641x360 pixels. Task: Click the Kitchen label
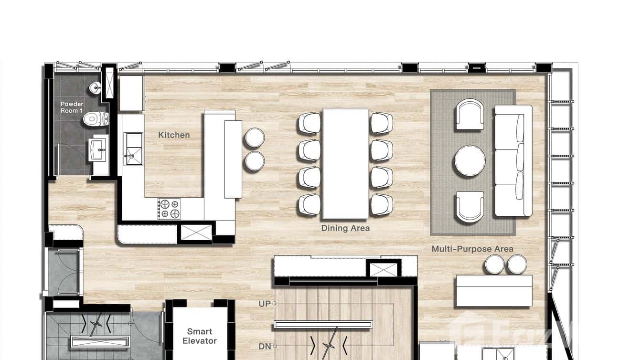coord(174,135)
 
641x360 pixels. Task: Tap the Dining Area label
coord(345,228)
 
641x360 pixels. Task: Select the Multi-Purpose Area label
coord(472,249)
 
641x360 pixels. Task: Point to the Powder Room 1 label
coord(72,107)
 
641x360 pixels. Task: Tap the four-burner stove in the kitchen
coord(170,209)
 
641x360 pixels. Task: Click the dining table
coord(345,163)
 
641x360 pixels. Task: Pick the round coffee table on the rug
coord(470,161)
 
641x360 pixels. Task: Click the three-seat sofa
coord(513,160)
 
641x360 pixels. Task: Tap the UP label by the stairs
coord(265,304)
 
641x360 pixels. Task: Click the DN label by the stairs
coord(265,346)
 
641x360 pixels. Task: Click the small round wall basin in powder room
coord(96,87)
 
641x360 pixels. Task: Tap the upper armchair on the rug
coord(470,114)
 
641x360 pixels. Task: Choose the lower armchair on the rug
coord(470,207)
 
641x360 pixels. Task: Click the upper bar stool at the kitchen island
coord(255,138)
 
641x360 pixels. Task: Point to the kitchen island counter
coord(233,159)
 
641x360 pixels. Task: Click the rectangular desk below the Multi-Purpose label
coord(494,291)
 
